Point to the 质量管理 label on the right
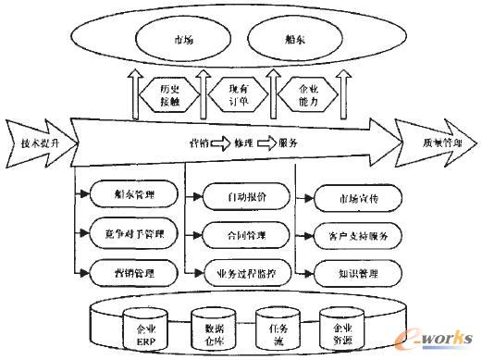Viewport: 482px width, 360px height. [x=439, y=143]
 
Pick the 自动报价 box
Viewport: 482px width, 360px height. [x=240, y=196]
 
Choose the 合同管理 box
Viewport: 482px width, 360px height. [x=240, y=233]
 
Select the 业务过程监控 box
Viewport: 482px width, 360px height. [x=240, y=272]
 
